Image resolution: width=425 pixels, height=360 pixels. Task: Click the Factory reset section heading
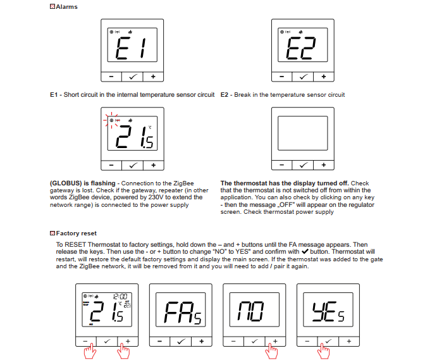[75, 233]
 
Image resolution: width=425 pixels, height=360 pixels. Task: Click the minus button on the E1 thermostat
[111, 77]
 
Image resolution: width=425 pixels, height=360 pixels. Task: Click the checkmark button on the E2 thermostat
[302, 77]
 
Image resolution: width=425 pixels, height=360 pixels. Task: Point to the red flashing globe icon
[111, 120]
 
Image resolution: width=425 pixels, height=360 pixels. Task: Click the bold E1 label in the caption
[54, 95]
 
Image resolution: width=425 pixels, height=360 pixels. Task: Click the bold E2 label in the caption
[225, 95]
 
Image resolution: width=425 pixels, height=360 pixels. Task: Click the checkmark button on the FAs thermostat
[180, 341]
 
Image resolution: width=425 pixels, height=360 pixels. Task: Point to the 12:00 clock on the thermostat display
[120, 296]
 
